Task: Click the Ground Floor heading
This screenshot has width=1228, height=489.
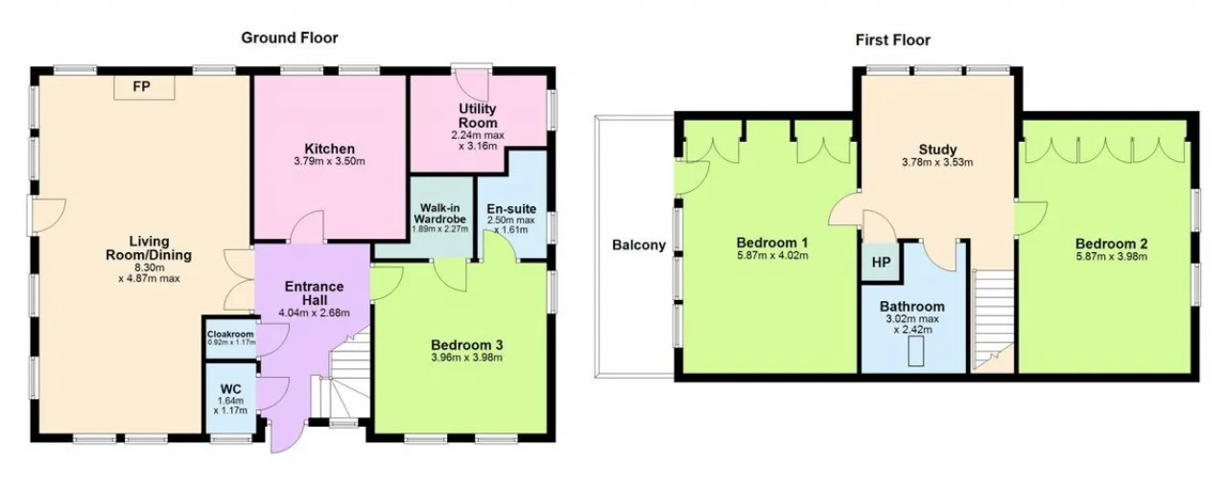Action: point(290,37)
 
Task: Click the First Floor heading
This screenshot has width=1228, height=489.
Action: point(892,40)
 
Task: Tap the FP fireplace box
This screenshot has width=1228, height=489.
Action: point(144,87)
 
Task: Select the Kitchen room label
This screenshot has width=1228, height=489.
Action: point(329,149)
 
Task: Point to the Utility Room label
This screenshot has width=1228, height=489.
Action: point(478,116)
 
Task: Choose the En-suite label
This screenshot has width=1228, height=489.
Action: point(511,209)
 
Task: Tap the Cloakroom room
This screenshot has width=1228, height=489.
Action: point(231,338)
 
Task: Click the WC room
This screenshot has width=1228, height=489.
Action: point(230,399)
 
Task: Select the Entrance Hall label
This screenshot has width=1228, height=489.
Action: point(314,293)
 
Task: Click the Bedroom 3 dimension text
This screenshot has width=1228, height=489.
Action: point(466,358)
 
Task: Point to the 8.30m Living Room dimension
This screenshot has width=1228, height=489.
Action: point(149,268)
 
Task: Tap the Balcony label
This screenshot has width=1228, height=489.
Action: point(639,245)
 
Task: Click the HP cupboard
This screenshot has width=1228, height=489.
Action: point(881,262)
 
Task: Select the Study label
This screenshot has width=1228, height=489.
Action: point(937,150)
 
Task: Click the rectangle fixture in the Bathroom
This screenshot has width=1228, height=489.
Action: point(916,351)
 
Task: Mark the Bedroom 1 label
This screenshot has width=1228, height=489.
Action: point(772,243)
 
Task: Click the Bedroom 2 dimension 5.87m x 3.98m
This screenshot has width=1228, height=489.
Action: point(1111,257)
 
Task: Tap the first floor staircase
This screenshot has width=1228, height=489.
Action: point(993,319)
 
